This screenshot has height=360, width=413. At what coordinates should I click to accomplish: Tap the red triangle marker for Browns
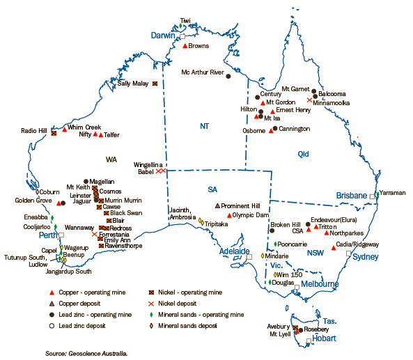(x=185, y=46)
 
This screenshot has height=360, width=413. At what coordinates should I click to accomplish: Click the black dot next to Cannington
(x=275, y=129)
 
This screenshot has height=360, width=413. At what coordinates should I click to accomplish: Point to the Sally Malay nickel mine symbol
(x=155, y=84)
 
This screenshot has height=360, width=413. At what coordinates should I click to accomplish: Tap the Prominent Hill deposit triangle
(x=218, y=206)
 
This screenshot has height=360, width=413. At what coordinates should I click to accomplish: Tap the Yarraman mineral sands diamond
(x=377, y=194)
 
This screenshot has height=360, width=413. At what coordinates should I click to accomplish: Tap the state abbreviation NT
(x=204, y=126)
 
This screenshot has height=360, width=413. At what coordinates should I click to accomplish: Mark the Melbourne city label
(x=320, y=284)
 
